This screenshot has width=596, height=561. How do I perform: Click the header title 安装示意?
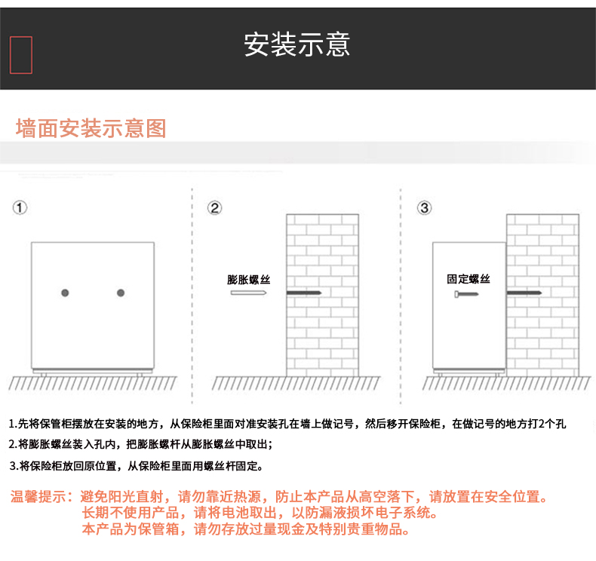[296, 44]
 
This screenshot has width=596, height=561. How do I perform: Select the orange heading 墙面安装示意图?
[91, 128]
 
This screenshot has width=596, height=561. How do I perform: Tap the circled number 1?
[20, 208]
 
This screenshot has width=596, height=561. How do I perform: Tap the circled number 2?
[215, 208]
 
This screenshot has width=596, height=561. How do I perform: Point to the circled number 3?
[425, 208]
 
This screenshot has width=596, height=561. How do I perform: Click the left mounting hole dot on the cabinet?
[65, 293]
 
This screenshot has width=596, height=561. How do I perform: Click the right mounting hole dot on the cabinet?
[121, 293]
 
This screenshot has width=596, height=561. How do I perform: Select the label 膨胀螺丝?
[249, 280]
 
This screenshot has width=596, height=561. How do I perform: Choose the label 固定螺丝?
[469, 279]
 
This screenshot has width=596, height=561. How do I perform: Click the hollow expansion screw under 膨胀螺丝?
[249, 293]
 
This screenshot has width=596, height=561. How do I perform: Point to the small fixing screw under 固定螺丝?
[466, 294]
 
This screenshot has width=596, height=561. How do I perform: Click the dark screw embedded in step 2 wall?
[304, 293]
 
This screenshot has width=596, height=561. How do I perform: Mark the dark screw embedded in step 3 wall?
[524, 293]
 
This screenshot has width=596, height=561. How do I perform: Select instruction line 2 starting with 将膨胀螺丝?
[140, 444]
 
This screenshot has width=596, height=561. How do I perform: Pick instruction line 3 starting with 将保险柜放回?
[136, 466]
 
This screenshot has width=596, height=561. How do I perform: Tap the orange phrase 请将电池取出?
[235, 513]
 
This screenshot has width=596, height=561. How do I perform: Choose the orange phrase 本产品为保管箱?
[131, 529]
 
